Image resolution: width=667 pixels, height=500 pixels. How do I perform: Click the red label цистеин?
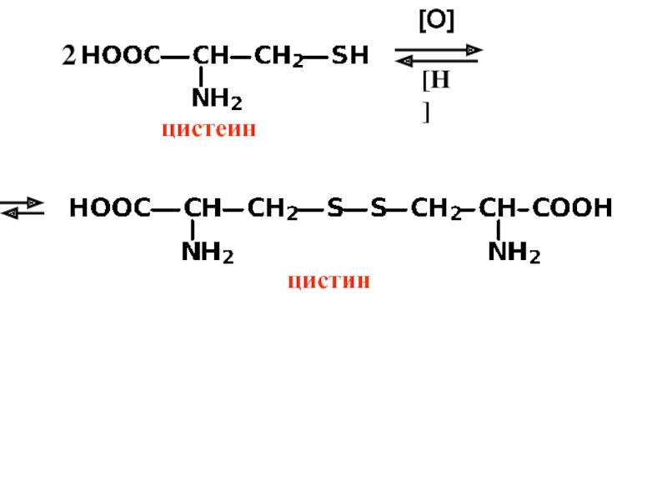tap(207, 130)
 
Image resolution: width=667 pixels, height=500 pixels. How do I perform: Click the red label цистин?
tap(328, 281)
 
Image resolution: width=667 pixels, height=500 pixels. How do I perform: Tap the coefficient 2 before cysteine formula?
tap(68, 57)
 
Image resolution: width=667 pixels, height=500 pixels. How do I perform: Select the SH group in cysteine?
tap(349, 56)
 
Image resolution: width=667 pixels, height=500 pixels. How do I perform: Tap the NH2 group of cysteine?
tap(217, 100)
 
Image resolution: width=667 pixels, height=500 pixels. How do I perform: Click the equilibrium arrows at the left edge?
tap(22, 207)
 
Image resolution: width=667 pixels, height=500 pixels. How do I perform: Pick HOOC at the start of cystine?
tap(109, 207)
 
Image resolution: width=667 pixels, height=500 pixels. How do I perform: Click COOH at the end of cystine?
tap(572, 207)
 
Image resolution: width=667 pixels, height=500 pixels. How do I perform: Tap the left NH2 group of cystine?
tap(207, 252)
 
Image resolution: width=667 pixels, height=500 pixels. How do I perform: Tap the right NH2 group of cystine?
tap(514, 252)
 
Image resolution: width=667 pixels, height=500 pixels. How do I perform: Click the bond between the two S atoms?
tap(357, 207)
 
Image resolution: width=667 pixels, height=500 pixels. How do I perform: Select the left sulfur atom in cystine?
tap(334, 207)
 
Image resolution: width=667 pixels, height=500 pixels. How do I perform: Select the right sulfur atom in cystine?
tap(379, 207)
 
